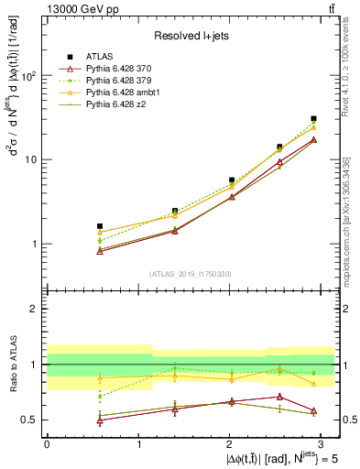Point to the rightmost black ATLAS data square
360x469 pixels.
[313, 118]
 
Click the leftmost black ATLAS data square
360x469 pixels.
[100, 225]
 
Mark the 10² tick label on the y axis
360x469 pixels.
[28, 76]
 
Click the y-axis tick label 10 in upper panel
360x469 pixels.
[32, 159]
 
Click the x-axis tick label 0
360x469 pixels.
[47, 443]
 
